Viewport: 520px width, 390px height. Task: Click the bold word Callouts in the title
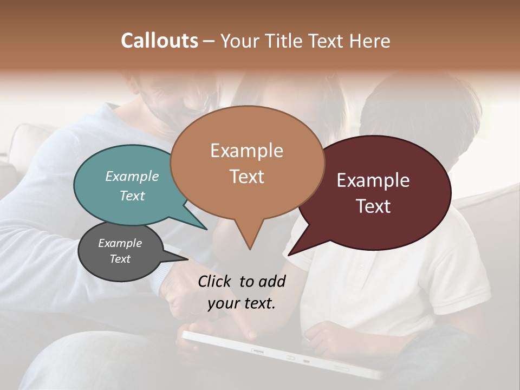tap(159, 41)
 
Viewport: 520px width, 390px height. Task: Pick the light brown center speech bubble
tap(247, 162)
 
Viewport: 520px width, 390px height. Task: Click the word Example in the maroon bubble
tap(373, 180)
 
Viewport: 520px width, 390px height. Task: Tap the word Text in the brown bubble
tap(247, 177)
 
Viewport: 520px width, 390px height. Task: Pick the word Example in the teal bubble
tap(132, 177)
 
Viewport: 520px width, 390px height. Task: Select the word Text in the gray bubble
tap(120, 259)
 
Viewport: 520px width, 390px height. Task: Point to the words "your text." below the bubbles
tap(242, 303)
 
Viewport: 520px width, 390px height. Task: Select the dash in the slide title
tap(209, 41)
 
